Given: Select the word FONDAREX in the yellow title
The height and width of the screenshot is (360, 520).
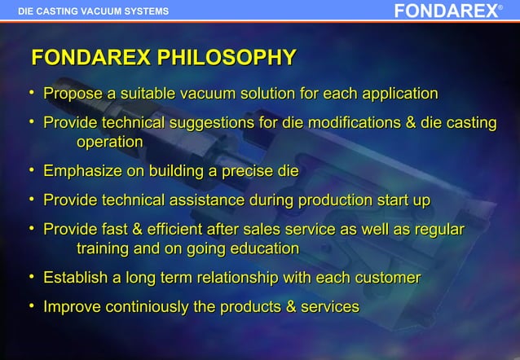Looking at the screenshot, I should coord(90,58).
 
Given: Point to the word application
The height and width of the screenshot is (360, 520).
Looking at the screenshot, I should coord(395,94).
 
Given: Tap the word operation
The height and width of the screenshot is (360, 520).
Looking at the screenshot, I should coord(110,142).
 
